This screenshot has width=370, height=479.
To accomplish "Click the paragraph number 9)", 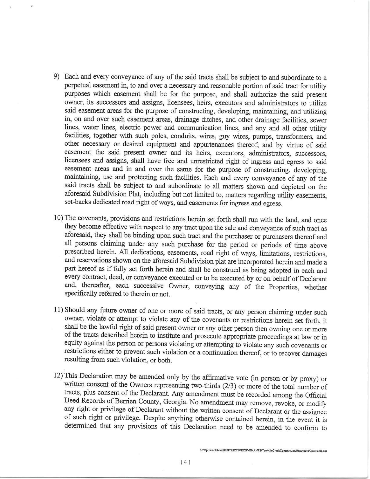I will [57, 77].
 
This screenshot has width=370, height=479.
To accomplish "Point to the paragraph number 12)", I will [59, 375].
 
